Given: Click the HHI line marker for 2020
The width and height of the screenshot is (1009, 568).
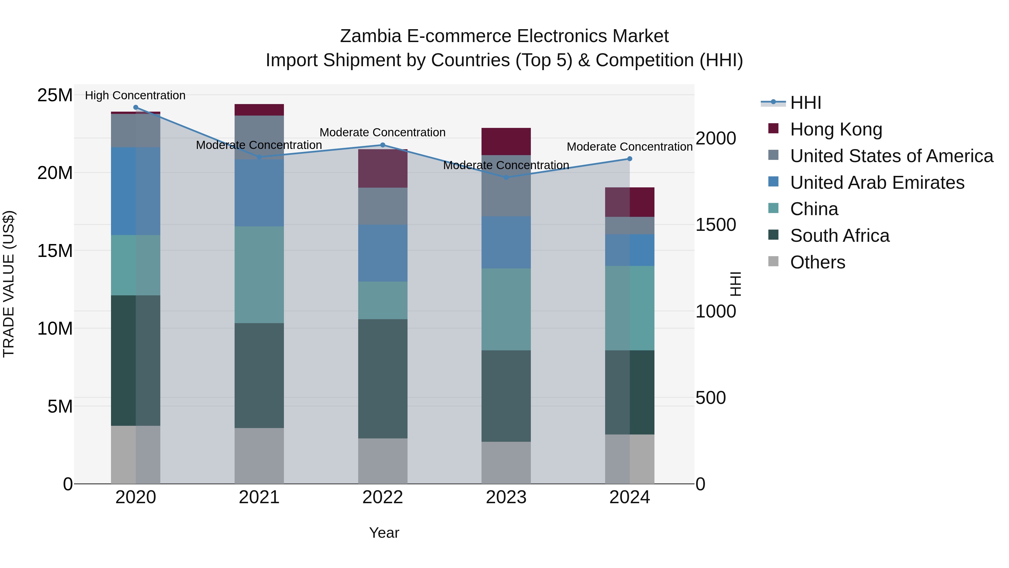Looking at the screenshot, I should tap(136, 107).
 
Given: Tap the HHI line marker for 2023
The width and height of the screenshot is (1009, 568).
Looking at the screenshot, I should tap(506, 178).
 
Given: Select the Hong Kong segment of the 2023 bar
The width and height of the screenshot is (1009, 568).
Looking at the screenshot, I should tap(506, 142).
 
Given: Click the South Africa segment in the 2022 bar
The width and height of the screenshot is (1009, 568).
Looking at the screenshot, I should tap(383, 379).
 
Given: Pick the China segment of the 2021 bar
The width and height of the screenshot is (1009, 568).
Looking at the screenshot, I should tap(259, 275).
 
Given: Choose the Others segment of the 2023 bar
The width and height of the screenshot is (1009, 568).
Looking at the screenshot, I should tap(506, 463).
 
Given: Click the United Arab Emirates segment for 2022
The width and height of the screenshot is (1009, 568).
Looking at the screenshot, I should tap(383, 253).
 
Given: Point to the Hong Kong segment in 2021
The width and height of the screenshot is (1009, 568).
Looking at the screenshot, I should tap(259, 110).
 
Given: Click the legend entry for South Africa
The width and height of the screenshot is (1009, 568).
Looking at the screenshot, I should tap(839, 236).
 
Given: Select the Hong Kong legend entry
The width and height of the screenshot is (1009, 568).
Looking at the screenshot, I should tap(836, 129).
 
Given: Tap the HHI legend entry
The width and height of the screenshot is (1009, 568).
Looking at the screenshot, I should tap(805, 103).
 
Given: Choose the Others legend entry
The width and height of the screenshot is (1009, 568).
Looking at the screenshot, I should tap(818, 262).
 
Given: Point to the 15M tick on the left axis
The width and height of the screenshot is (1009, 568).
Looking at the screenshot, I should tap(55, 250).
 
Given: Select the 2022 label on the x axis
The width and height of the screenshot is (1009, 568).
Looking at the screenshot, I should tap(383, 497).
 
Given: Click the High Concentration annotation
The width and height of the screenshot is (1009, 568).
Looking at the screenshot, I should tap(135, 95).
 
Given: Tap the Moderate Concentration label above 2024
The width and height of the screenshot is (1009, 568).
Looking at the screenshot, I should tap(630, 147).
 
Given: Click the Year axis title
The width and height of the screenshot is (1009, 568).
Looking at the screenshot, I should tap(384, 533).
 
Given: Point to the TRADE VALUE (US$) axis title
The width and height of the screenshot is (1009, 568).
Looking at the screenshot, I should tap(9, 284).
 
